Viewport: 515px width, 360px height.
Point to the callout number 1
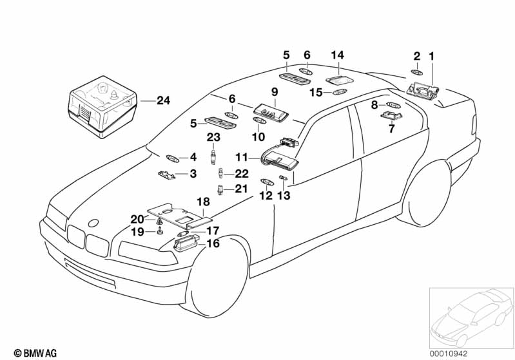point(432,56)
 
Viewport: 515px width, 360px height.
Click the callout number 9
point(273,91)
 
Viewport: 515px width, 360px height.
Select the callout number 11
point(241,156)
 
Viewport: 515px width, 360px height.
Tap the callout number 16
point(212,243)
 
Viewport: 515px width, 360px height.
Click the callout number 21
point(241,188)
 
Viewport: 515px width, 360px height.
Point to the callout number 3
point(192,174)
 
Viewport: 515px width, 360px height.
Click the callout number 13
point(284,195)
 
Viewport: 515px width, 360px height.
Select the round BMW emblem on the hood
point(93,223)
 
